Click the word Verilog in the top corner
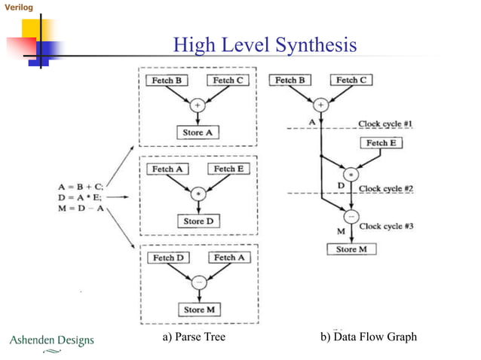[19, 7]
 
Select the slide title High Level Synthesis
[265, 46]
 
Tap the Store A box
[198, 132]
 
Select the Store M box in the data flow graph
[351, 249]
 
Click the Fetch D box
[169, 258]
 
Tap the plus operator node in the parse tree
[198, 105]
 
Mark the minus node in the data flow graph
[351, 212]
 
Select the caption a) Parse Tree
[195, 337]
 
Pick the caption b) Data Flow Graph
[369, 337]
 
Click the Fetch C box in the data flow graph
[351, 80]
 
